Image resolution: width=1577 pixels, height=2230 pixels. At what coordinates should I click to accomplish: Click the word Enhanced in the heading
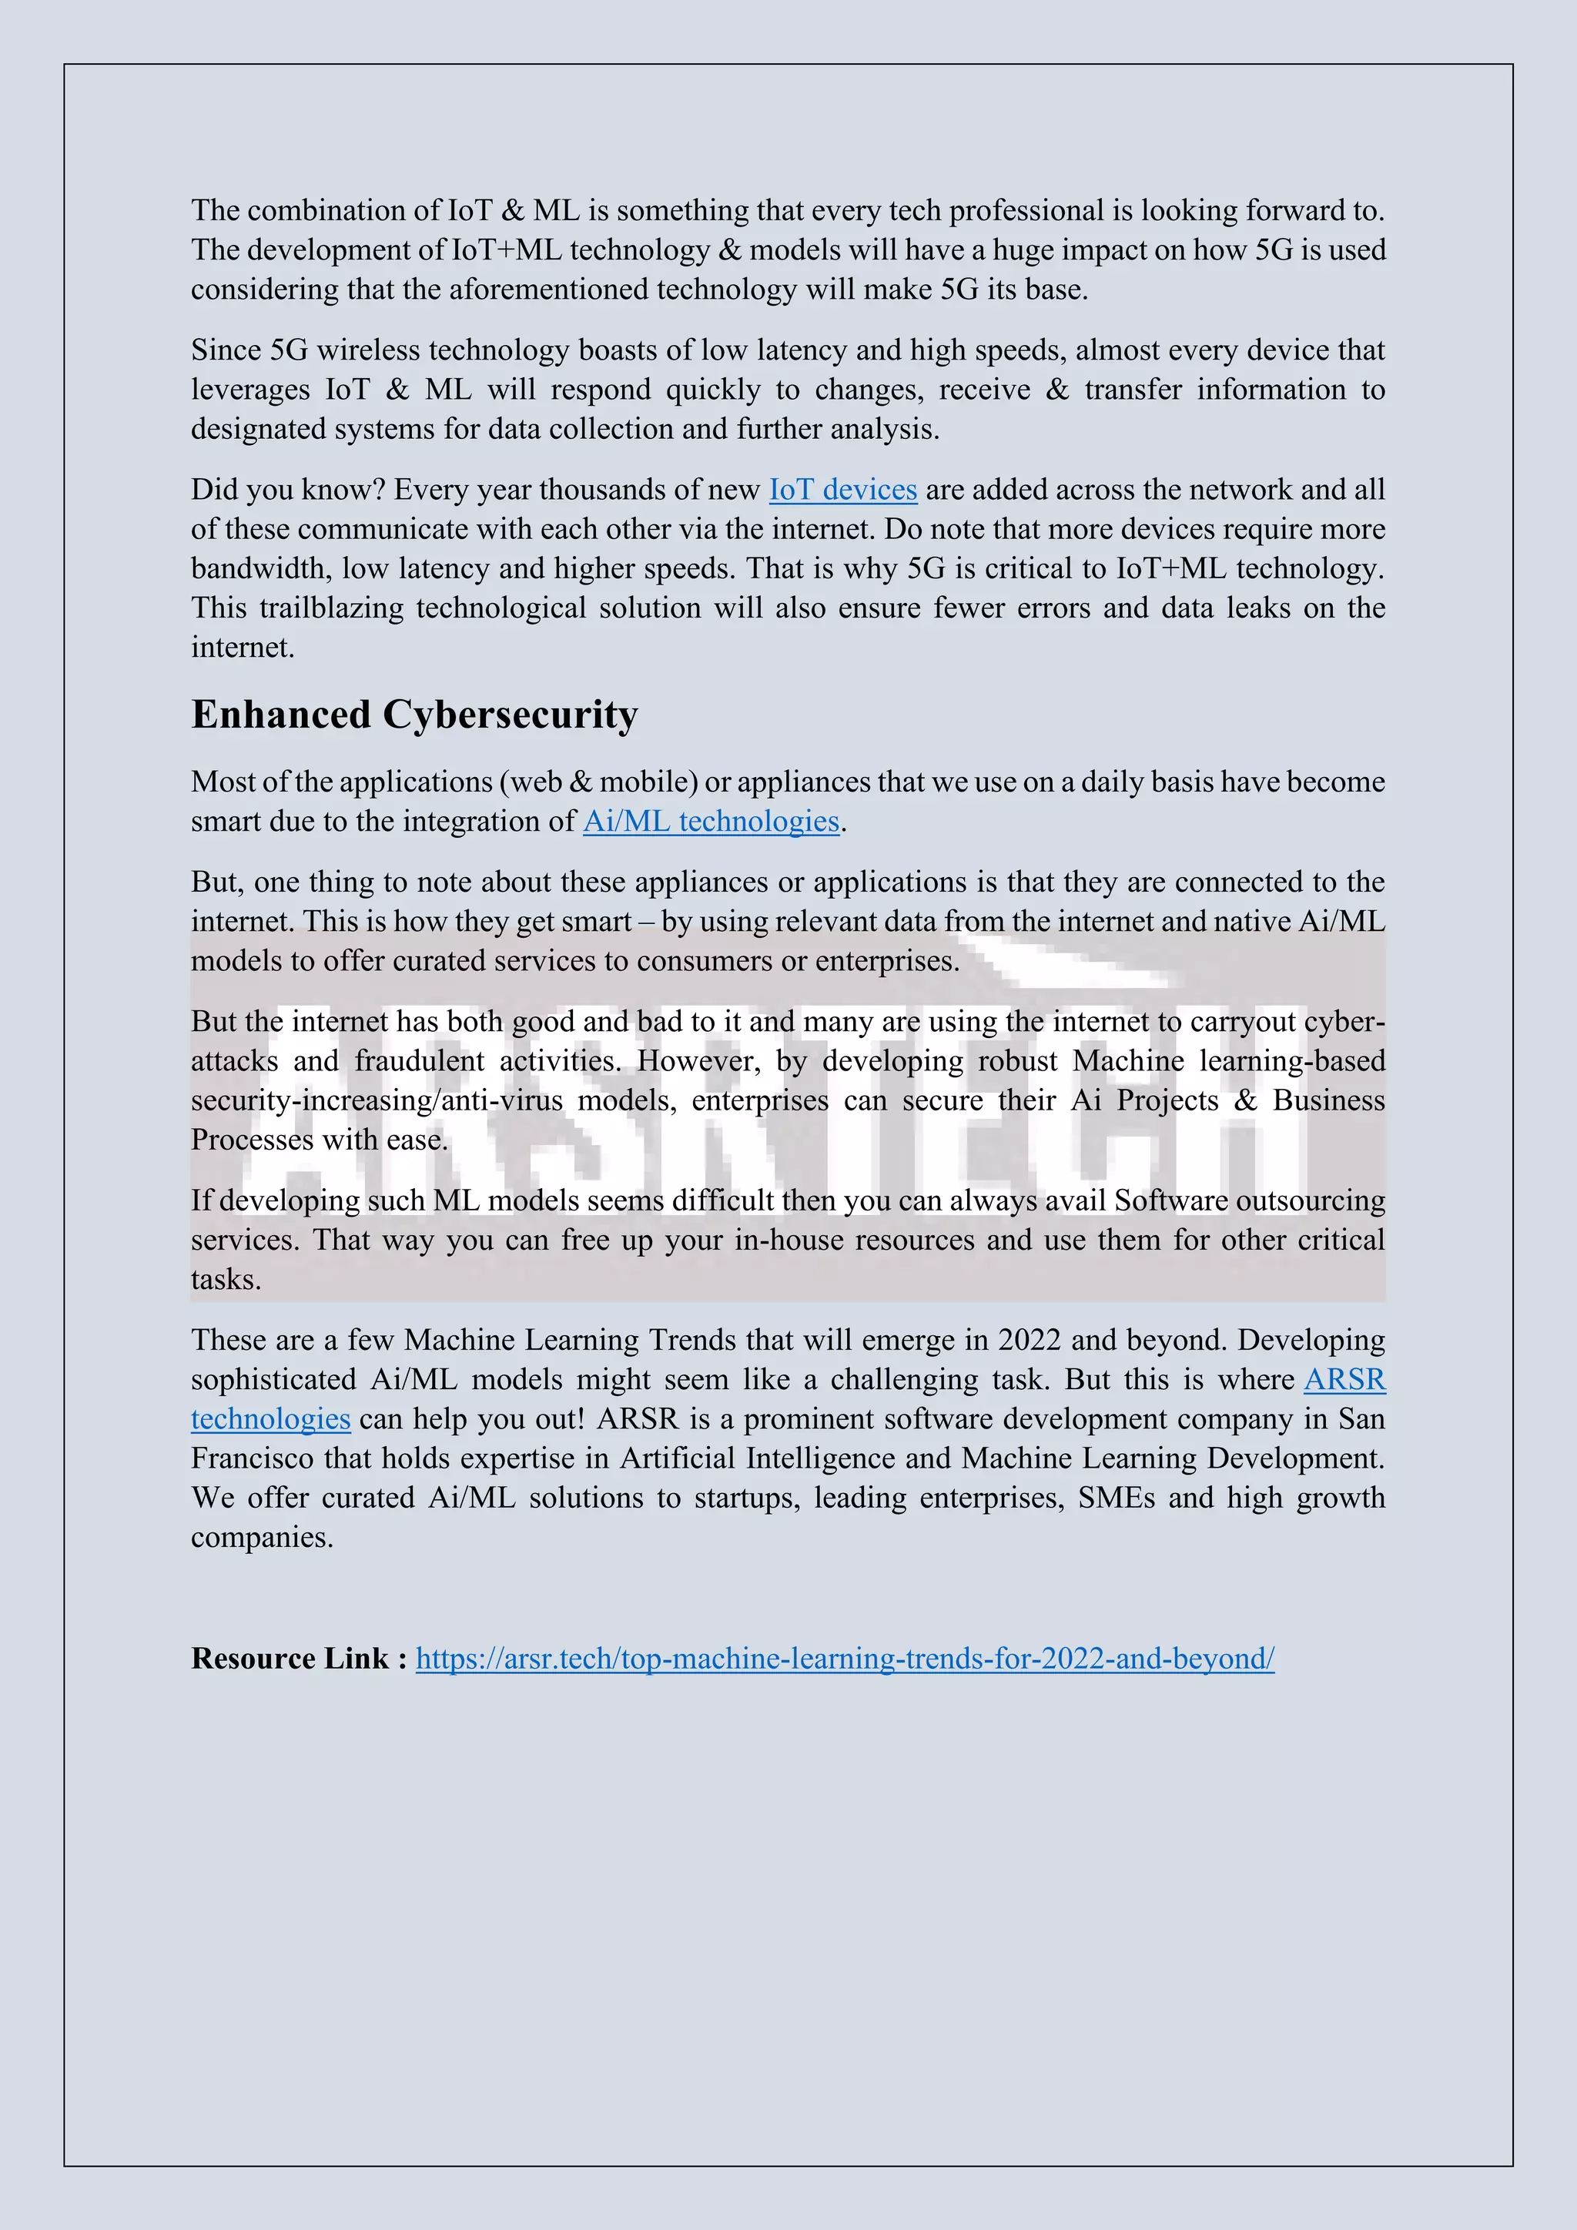[280, 715]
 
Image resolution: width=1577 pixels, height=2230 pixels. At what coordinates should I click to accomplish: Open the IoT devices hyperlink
[843, 490]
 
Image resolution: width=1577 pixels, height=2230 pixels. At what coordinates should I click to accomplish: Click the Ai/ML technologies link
[711, 822]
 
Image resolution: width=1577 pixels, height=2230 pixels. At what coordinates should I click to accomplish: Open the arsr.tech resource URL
[845, 1658]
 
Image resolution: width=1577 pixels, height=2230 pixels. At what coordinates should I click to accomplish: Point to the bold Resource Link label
[299, 1658]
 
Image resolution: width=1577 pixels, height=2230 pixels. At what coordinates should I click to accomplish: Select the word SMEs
[1117, 1498]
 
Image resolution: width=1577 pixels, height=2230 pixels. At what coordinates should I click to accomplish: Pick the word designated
[258, 430]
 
